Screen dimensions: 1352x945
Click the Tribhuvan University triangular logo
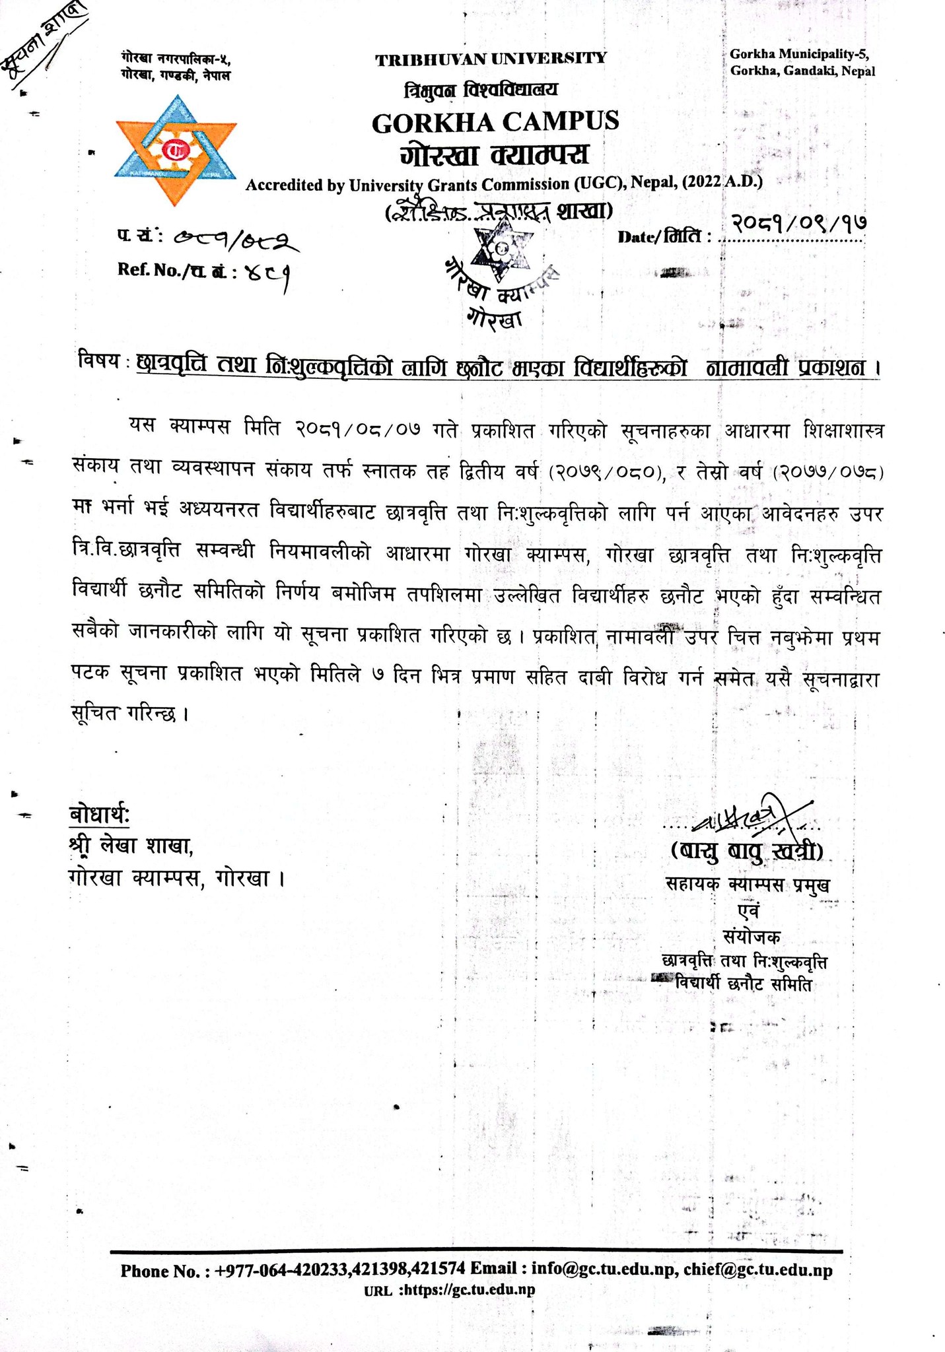175,150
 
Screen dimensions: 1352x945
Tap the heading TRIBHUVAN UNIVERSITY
491,59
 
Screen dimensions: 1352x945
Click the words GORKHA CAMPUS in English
495,122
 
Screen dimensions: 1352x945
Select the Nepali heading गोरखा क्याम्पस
494,156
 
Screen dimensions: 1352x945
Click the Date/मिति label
664,236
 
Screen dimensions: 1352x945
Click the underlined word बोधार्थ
100,815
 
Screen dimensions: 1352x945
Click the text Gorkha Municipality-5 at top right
802,54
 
